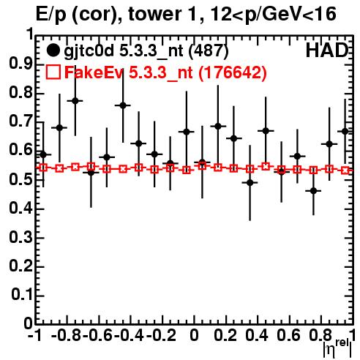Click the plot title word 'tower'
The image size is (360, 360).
154,15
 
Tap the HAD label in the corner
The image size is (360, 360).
327,50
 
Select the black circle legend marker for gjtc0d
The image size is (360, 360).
53,50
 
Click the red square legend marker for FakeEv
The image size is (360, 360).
53,72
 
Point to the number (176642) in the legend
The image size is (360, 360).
233,72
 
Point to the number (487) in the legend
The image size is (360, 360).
209,51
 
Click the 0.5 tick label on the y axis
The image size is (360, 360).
20,179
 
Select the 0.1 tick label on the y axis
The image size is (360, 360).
22,295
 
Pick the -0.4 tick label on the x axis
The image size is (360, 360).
130,335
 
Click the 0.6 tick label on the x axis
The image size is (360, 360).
288,335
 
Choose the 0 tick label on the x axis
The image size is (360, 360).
194,335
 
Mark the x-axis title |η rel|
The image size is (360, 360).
337,348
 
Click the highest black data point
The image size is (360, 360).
75,101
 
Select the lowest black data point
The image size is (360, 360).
313,191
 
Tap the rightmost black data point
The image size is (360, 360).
345,131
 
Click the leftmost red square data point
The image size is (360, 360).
43,168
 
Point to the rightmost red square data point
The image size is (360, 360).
345,170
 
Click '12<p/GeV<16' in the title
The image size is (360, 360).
273,15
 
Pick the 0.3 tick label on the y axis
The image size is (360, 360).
20,237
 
